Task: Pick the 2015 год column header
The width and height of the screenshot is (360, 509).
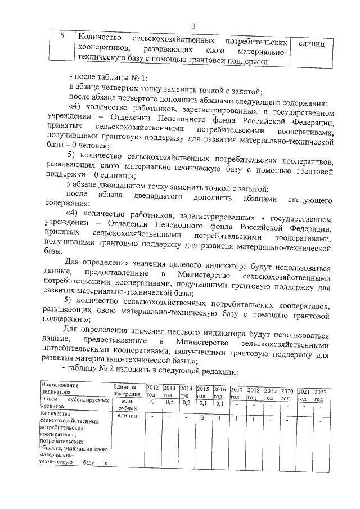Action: [204, 391]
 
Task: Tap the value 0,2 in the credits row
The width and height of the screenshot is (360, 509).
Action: [187, 403]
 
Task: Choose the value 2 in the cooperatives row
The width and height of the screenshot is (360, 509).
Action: [202, 417]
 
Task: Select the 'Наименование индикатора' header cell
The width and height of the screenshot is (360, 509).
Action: [59, 389]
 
